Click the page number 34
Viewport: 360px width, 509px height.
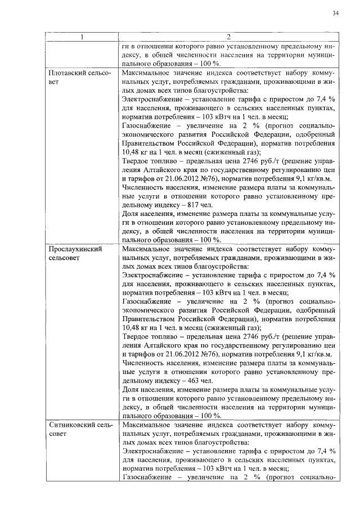click(335, 13)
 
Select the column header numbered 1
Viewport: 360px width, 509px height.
click(82, 37)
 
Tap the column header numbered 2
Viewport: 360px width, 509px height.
click(228, 37)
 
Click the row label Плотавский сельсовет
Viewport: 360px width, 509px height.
click(79, 78)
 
